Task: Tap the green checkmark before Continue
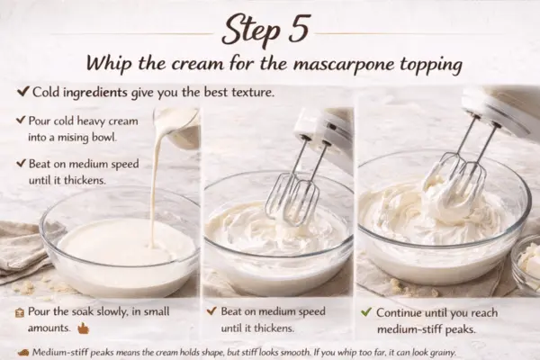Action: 365,311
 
